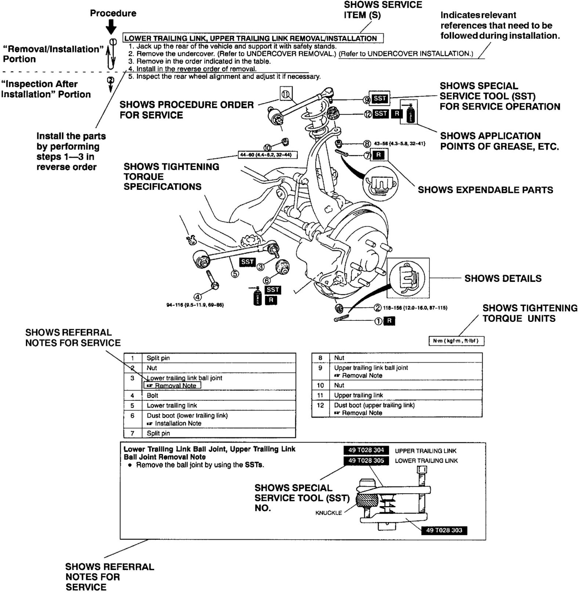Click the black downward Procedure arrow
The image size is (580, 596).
pyautogui.click(x=111, y=26)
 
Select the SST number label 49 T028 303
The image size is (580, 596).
pyautogui.click(x=444, y=530)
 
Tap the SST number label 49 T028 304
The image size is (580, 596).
pyautogui.click(x=366, y=450)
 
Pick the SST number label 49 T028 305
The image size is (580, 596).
pyautogui.click(x=366, y=460)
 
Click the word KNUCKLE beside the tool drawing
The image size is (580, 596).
pyautogui.click(x=329, y=513)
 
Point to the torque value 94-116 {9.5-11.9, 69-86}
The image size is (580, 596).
pyautogui.click(x=195, y=305)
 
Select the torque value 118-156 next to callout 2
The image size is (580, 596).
pyautogui.click(x=415, y=308)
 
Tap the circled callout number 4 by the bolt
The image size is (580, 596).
pyautogui.click(x=197, y=297)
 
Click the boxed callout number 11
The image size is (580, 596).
pyautogui.click(x=286, y=94)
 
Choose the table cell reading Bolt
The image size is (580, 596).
pyautogui.click(x=152, y=396)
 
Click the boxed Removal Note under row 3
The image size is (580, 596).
pyautogui.click(x=173, y=386)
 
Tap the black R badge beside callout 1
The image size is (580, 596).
pyautogui.click(x=389, y=321)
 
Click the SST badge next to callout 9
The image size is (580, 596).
pyautogui.click(x=380, y=98)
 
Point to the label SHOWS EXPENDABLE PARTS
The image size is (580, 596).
pyautogui.click(x=485, y=190)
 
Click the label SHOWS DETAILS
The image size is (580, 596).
pyautogui.click(x=503, y=278)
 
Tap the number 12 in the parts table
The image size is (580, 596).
pyautogui.click(x=320, y=405)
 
